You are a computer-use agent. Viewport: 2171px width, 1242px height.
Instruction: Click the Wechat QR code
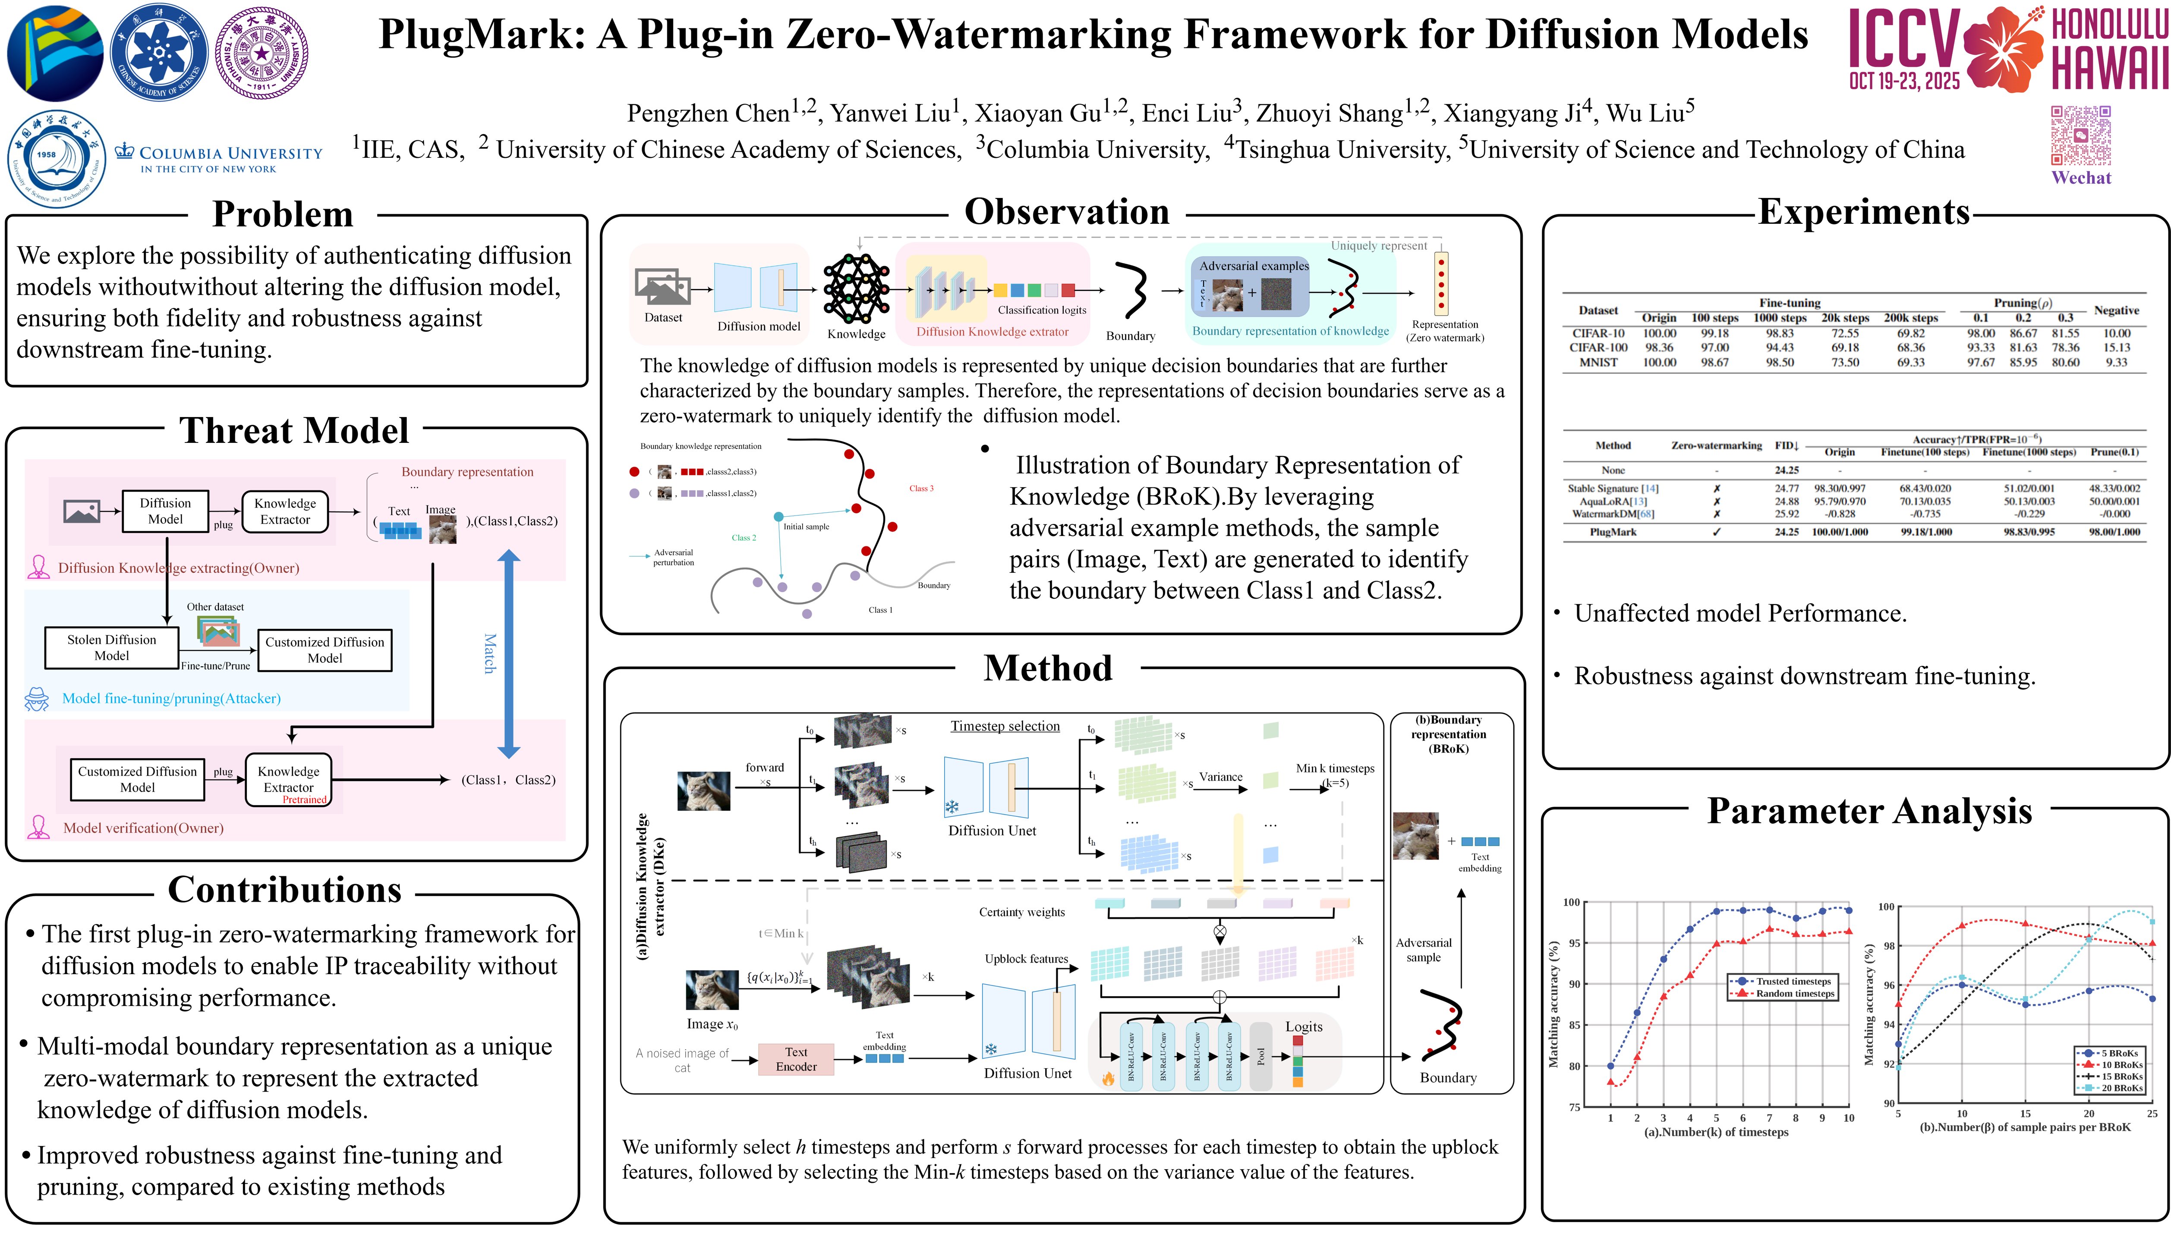2080,136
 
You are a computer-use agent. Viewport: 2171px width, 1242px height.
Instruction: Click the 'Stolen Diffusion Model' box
112,647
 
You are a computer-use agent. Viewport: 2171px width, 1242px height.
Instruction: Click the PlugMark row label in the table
1612,532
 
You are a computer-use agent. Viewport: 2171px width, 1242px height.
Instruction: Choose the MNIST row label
1598,363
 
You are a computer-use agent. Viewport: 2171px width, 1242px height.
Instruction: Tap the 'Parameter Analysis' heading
1869,811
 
